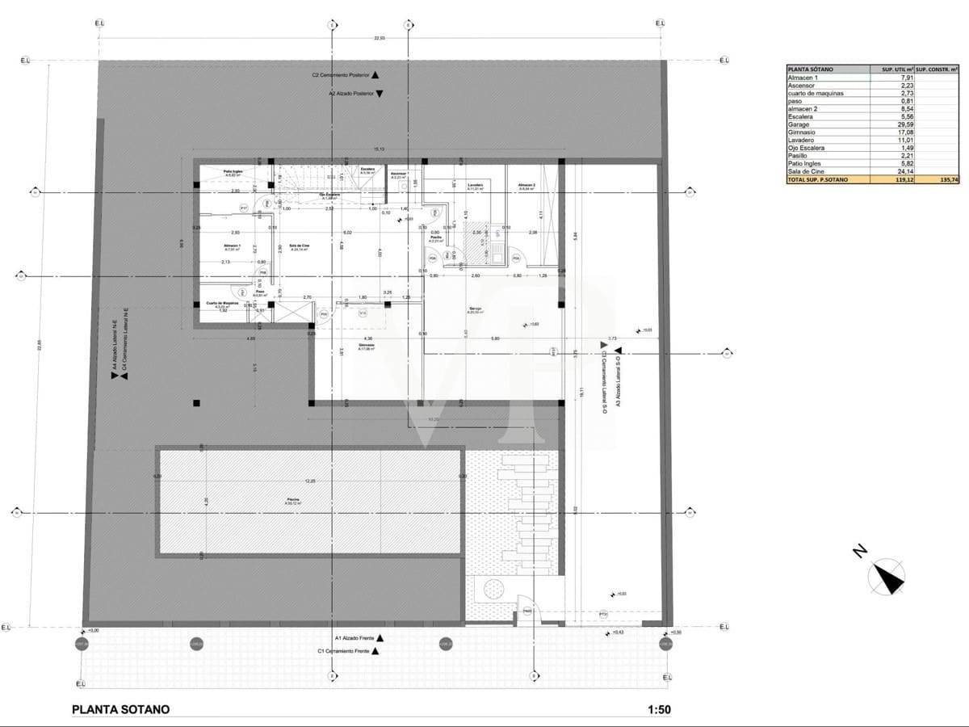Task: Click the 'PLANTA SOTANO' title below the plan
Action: pos(121,709)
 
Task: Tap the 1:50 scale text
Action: pos(658,710)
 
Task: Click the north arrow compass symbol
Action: pos(886,577)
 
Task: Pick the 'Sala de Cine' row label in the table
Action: pos(805,171)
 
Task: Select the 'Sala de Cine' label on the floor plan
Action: pos(300,246)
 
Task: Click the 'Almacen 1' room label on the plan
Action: pos(233,246)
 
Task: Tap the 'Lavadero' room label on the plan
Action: pos(475,185)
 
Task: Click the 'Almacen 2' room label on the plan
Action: pos(526,185)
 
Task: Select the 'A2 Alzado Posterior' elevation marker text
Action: pos(351,94)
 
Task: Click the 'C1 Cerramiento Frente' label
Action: pos(343,650)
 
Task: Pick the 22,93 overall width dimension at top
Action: pos(379,38)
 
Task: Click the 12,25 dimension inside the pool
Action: pos(309,481)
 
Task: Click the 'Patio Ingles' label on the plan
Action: pos(233,171)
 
